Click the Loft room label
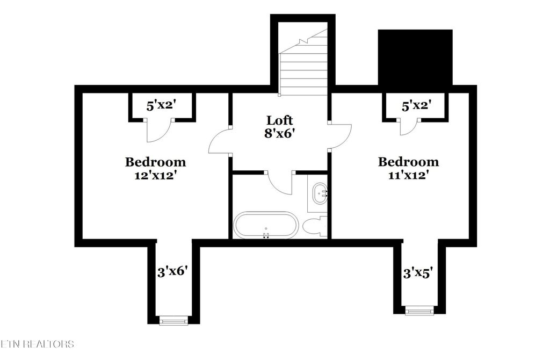click(280, 120)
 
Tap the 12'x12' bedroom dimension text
click(155, 175)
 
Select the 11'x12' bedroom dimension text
click(408, 175)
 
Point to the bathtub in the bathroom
click(265, 225)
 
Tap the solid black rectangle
click(415, 57)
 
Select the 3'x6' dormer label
click(173, 272)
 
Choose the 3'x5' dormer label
click(418, 273)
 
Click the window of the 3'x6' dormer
click(173, 321)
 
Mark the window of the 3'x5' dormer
click(419, 310)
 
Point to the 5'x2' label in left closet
click(161, 106)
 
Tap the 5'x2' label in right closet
click(416, 106)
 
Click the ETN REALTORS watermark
click(37, 343)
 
